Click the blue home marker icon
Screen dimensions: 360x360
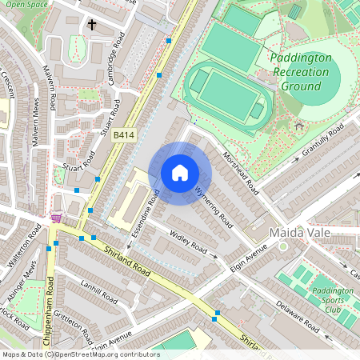click(x=180, y=172)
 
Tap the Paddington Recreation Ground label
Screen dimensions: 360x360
click(x=300, y=72)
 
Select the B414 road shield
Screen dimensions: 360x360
click(x=122, y=136)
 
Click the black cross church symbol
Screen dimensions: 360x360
click(x=92, y=26)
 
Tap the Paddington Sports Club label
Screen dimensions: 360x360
click(x=332, y=300)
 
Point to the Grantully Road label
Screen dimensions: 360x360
click(x=322, y=140)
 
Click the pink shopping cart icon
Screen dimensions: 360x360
click(x=56, y=218)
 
